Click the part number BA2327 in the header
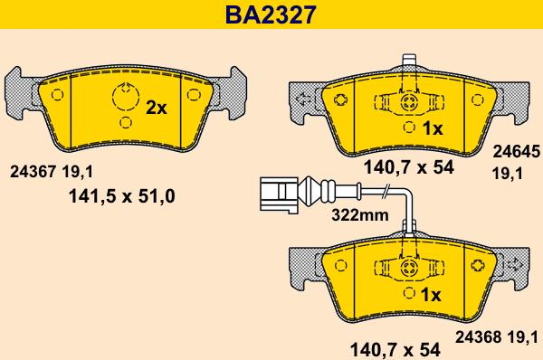271,14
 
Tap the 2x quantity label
157,108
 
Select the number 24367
33,168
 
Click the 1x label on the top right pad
432,129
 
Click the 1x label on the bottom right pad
432,295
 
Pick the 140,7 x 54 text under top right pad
408,166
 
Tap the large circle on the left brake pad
122,95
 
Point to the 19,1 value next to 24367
78,168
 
